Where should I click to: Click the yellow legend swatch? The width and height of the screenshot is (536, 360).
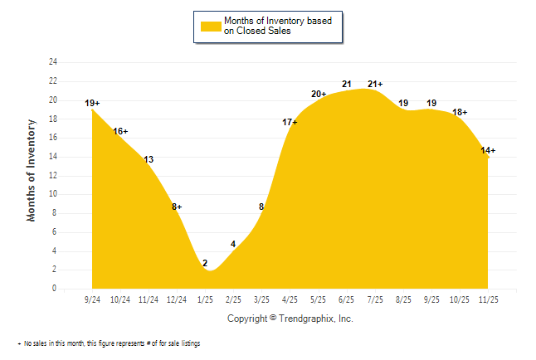(210, 26)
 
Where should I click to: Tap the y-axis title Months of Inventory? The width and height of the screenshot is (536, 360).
(32, 170)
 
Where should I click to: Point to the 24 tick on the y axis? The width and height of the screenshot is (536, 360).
(53, 62)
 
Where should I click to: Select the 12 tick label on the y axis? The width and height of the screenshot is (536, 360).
(53, 176)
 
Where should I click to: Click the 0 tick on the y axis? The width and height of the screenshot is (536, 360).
(55, 289)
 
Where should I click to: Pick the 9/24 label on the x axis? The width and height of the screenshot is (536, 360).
(92, 299)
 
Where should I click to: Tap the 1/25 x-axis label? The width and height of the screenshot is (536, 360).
(205, 299)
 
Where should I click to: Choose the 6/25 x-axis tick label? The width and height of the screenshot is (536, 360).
(347, 299)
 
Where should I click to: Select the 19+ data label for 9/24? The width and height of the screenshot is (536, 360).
(92, 103)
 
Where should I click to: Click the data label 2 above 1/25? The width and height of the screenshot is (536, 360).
(204, 263)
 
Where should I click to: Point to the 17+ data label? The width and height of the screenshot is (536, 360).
(290, 122)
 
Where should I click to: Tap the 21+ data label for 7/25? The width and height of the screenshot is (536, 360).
(375, 84)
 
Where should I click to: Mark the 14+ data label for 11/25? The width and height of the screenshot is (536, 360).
(488, 150)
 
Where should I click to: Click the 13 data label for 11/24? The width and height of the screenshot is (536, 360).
(149, 159)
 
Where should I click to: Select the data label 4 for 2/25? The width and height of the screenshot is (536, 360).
(233, 244)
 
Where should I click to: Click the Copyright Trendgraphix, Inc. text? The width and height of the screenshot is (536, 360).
(290, 318)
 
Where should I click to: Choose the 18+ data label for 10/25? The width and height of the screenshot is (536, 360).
(460, 112)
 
